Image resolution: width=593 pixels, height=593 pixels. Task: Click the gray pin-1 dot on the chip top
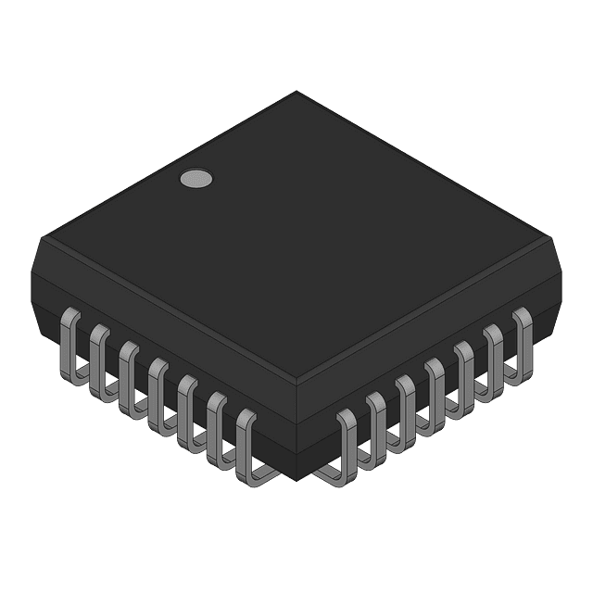195,180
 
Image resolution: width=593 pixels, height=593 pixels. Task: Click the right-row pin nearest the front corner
347,445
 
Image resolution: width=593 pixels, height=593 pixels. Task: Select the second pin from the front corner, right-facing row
377,428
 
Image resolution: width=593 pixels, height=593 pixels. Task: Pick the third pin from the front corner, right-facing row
407,410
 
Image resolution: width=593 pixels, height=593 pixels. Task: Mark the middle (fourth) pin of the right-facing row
436,394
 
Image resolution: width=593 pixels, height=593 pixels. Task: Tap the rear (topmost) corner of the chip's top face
296,91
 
